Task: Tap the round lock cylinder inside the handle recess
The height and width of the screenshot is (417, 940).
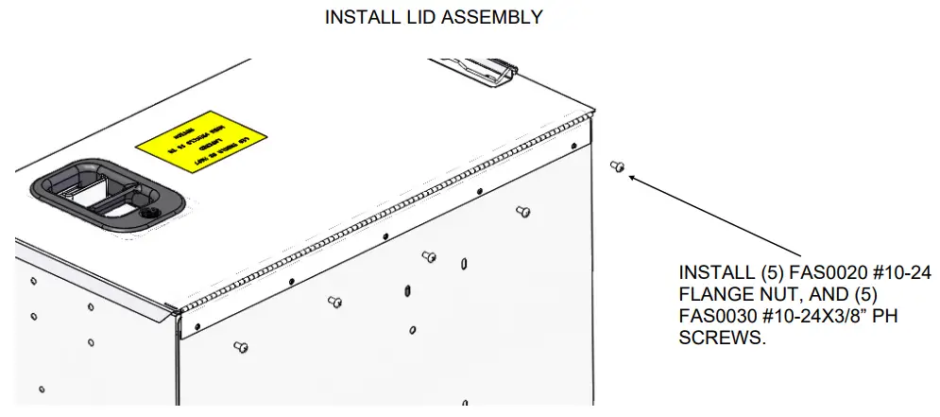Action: (x=149, y=214)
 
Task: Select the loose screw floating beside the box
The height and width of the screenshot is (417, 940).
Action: (x=618, y=166)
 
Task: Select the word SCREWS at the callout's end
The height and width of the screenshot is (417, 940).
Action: (x=721, y=339)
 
